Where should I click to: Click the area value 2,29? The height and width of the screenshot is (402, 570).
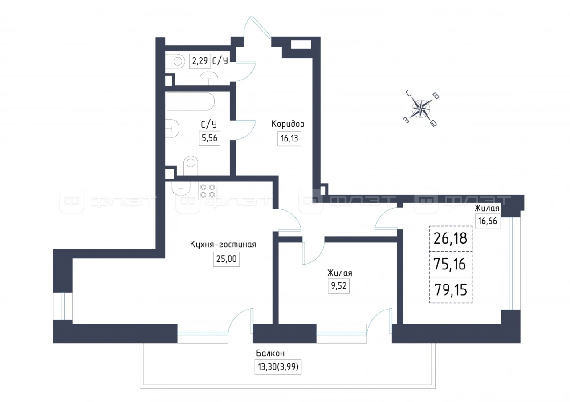(200, 61)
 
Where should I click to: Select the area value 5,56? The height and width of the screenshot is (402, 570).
(209, 138)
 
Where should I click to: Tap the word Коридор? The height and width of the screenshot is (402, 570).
(288, 124)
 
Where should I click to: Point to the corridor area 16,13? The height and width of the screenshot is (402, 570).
(289, 138)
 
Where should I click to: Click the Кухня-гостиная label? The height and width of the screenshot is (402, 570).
(223, 245)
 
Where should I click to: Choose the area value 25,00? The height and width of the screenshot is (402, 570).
(226, 259)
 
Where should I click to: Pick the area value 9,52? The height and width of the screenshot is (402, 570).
(338, 286)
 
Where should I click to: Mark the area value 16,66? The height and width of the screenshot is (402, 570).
(488, 221)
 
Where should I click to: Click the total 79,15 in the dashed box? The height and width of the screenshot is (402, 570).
(451, 290)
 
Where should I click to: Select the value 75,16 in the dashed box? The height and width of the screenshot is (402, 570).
(451, 264)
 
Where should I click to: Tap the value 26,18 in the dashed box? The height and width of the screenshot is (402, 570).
(451, 238)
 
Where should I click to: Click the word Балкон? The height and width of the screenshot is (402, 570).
(270, 353)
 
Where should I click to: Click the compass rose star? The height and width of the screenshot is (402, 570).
(421, 109)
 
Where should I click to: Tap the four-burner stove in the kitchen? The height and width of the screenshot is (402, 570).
(208, 191)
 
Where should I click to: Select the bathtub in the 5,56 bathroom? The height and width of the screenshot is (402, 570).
(190, 101)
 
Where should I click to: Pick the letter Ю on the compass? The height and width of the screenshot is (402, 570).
(434, 123)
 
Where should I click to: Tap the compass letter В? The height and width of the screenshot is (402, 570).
(436, 96)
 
